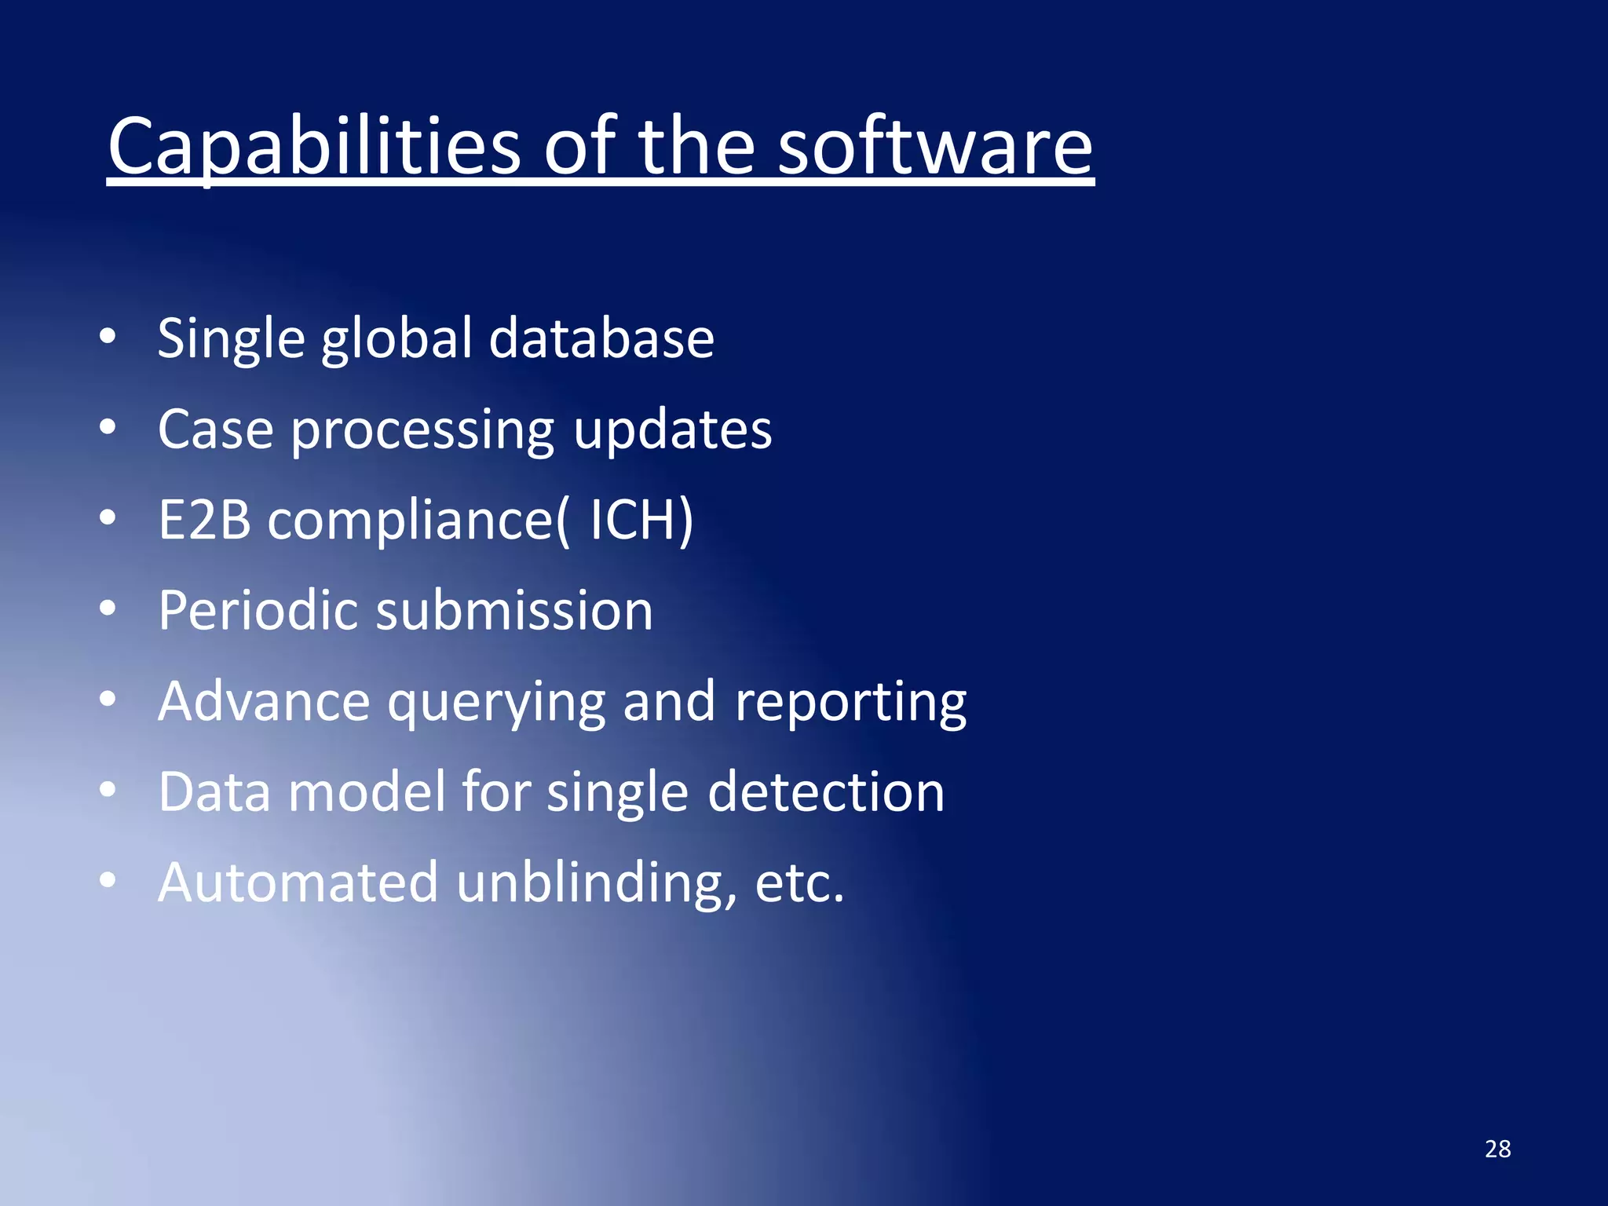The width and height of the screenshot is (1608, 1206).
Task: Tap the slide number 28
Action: coord(1497,1149)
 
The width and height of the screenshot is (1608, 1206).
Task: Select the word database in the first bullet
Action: coord(601,338)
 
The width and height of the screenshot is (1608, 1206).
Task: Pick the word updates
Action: coord(672,431)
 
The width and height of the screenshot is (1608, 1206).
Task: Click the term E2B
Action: coord(204,520)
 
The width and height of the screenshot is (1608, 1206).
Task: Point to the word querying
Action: coord(496,703)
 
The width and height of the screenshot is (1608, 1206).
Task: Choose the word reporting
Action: coord(850,703)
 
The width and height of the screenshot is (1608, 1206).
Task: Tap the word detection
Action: coord(826,791)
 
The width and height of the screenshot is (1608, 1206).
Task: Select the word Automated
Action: coord(298,883)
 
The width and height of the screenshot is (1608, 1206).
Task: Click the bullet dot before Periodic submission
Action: coord(108,608)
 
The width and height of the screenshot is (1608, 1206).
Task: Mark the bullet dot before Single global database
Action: coord(108,337)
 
